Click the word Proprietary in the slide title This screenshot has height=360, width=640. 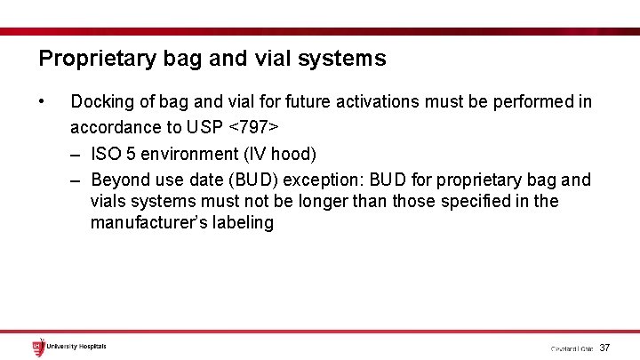tap(93, 60)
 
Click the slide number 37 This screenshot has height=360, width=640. tap(605, 348)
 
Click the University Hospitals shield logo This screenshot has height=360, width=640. tap(38, 347)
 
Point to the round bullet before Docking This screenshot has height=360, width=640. tap(43, 100)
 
